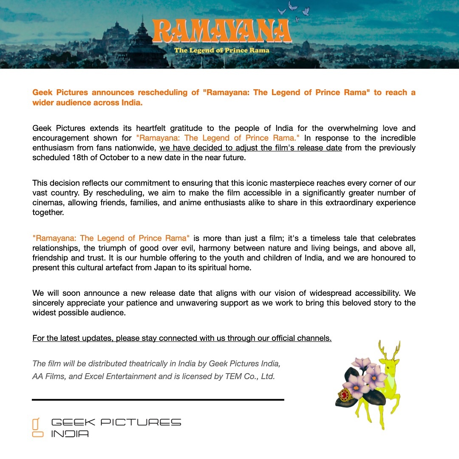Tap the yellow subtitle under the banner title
tap(221, 50)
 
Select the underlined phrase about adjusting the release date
tap(251, 148)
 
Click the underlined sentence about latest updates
tap(182, 338)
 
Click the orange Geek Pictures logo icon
tap(37, 427)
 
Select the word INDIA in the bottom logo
tap(70, 434)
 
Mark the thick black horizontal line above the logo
tap(158, 399)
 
